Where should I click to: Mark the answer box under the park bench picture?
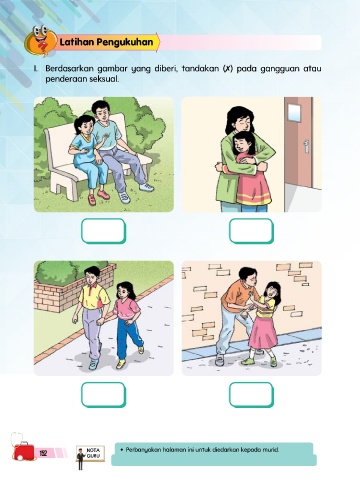tap(103, 231)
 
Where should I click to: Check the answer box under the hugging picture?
tap(251, 231)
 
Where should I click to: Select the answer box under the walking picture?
tap(103, 395)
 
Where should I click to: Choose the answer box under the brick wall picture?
tap(251, 395)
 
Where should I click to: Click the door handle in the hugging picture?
tap(306, 147)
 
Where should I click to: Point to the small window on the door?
tap(294, 110)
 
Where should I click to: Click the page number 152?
tap(43, 453)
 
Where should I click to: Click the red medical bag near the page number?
tap(23, 450)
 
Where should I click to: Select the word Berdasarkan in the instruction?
tap(70, 69)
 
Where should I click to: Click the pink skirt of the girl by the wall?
tap(263, 332)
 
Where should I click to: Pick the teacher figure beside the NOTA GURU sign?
tap(80, 459)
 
